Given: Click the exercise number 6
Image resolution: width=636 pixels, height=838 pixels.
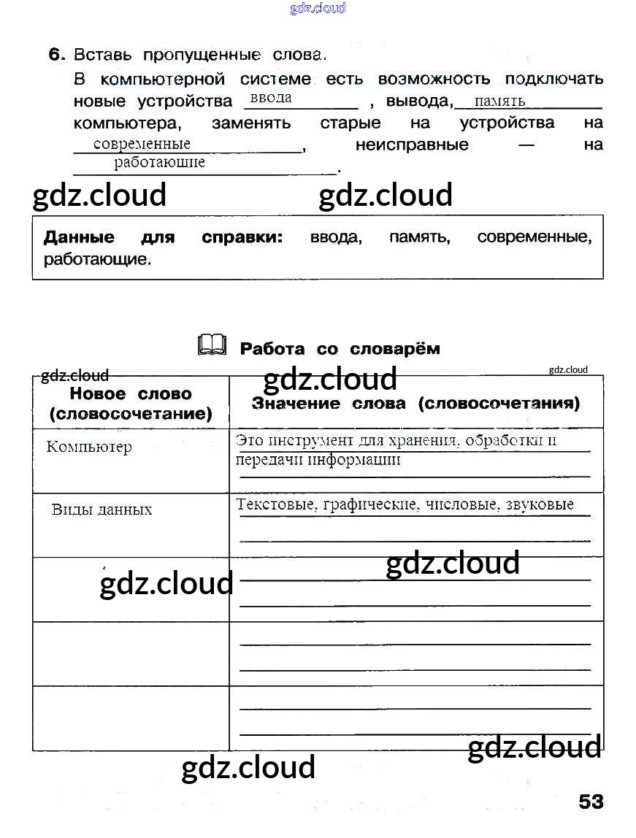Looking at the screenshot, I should point(57,55).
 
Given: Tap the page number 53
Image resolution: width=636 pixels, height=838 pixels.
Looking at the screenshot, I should point(591,802).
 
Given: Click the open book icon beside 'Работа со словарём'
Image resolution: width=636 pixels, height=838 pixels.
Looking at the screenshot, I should point(212,345).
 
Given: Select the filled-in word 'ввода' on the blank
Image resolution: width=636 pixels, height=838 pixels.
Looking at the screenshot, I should point(270,98).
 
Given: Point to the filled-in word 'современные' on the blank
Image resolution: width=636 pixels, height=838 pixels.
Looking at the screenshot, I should point(142,144).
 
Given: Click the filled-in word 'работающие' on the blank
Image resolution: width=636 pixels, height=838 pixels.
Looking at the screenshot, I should point(159,163).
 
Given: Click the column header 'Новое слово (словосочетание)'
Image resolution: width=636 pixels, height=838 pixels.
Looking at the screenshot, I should point(131,404).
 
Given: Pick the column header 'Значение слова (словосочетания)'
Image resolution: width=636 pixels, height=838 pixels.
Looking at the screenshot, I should point(415,403).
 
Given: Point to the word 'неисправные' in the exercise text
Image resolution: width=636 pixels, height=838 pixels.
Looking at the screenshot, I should point(412,145).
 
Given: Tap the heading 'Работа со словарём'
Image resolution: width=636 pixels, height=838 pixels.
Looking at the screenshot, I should point(340,349).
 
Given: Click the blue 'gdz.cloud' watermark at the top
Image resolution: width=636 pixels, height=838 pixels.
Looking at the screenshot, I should point(318,8).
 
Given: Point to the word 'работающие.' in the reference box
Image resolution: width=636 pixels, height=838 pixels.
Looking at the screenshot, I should point(97,259).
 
